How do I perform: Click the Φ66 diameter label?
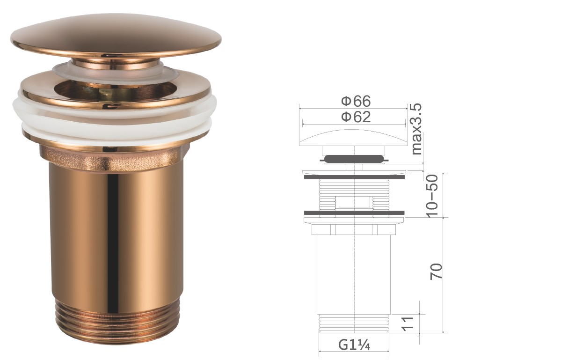[x=355, y=101]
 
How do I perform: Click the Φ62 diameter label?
[x=355, y=117]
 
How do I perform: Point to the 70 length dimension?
[x=436, y=272]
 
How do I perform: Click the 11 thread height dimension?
[x=408, y=323]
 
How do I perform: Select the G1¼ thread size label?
[x=354, y=345]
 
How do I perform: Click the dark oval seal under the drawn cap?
[x=354, y=159]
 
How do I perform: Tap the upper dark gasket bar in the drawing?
[x=354, y=177]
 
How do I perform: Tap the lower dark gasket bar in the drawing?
[x=354, y=213]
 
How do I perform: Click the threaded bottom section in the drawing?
[x=354, y=323]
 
